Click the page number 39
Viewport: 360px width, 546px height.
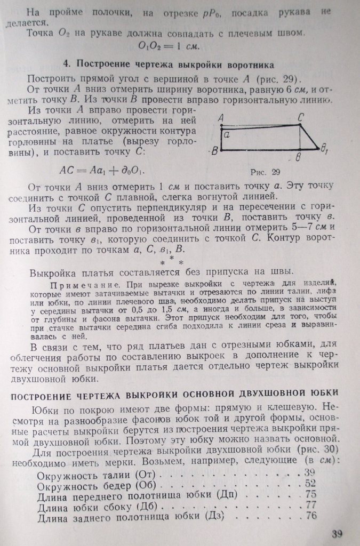click(337, 534)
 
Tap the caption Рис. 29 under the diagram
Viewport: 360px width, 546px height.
click(265, 172)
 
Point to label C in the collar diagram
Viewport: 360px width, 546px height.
click(301, 117)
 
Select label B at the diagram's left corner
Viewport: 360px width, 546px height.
click(214, 151)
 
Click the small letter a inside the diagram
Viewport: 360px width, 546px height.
click(226, 136)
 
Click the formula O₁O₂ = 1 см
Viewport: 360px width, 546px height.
click(169, 46)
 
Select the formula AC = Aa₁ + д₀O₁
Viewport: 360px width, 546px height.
click(102, 171)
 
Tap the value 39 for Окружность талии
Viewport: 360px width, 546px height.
click(310, 471)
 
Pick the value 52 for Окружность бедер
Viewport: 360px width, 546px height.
click(310, 483)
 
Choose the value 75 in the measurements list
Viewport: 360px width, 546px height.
click(310, 494)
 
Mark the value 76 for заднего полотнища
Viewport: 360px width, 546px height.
click(311, 516)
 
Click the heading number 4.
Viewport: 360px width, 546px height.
click(66, 65)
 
